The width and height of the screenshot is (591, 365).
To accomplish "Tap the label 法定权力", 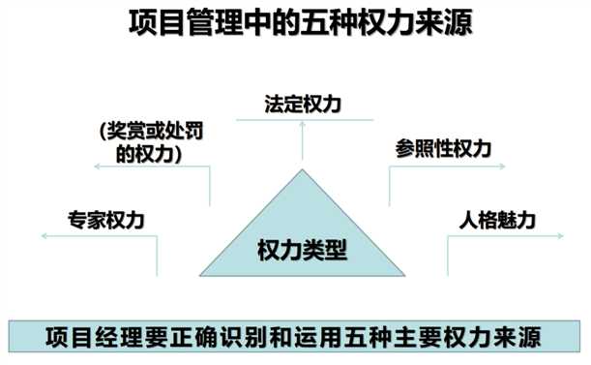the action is click(x=303, y=101).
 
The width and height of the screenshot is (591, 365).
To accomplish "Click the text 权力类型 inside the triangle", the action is click(x=302, y=249).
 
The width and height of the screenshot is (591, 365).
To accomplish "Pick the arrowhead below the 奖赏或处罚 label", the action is click(x=98, y=167).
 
